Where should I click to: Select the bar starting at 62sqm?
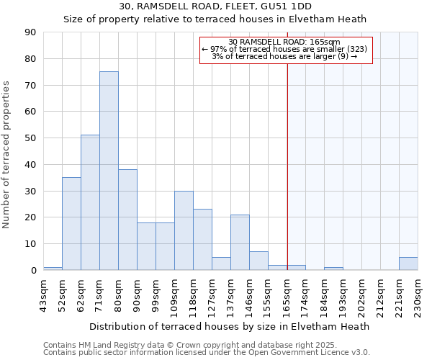tap(90, 202)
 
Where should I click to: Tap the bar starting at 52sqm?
tap(71, 223)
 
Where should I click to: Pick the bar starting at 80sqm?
tap(127, 220)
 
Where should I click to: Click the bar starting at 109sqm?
tap(184, 230)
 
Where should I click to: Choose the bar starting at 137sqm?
tap(240, 242)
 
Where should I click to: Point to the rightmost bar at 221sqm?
tap(408, 264)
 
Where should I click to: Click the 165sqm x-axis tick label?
tap(287, 294)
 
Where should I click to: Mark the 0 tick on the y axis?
tap(33, 270)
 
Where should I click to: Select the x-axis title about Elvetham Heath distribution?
tap(230, 326)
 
